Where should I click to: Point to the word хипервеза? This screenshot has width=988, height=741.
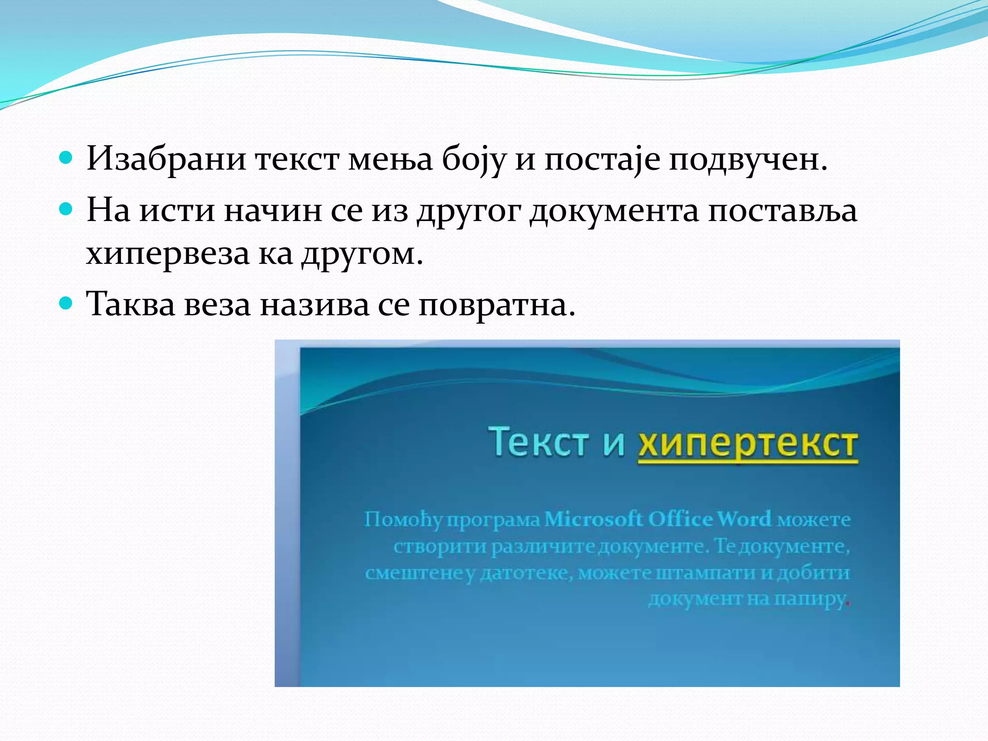coord(167,254)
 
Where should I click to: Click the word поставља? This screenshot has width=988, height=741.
coord(782,211)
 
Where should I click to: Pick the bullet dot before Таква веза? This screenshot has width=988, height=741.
coord(66,303)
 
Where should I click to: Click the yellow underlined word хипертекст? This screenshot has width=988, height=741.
coord(747,444)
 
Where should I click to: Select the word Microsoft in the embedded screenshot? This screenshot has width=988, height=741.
coord(593,520)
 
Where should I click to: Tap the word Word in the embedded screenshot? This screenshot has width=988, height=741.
coord(744,520)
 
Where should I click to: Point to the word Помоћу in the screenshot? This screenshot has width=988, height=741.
coord(403,520)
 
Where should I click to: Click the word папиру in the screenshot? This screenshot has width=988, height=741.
coord(810,599)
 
